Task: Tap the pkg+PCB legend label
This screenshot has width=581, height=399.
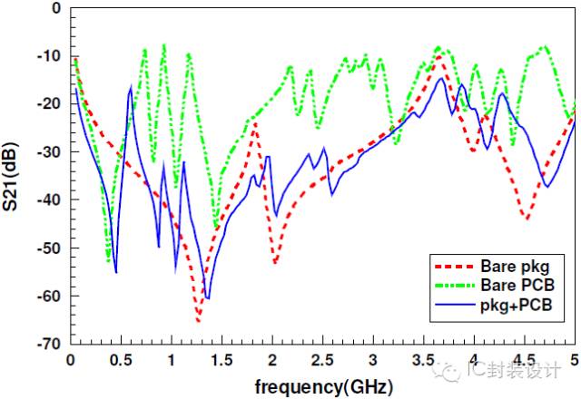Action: coord(516,306)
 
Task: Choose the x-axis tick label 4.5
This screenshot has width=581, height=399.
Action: coord(522,359)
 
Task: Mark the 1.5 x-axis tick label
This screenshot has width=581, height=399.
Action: coord(222,359)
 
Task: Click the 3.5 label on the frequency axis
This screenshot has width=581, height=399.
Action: coord(422,359)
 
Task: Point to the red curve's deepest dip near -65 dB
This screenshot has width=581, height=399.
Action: coord(198,320)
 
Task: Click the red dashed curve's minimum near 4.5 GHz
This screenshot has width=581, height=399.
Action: coord(525,219)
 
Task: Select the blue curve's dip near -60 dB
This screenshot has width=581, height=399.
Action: coord(207,297)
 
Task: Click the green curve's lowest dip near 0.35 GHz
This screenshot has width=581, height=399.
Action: coord(108,260)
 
